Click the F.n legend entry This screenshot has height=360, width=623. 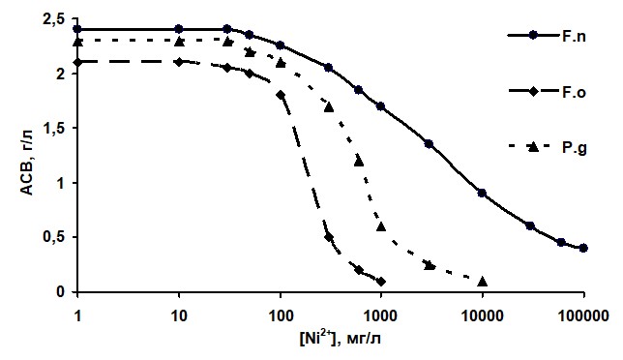[547, 36]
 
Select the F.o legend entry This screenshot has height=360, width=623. [548, 92]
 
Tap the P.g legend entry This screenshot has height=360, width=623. [548, 147]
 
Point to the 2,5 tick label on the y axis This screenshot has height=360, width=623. [54, 19]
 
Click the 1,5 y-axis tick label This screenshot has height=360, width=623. [54, 129]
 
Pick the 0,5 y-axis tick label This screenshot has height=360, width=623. [54, 237]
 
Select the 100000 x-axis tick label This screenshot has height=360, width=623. [583, 316]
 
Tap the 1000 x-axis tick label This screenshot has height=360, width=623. [381, 316]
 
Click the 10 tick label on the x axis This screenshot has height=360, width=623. [179, 316]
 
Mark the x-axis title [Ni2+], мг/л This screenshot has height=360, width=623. [340, 338]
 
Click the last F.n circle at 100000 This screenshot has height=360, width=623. [583, 248]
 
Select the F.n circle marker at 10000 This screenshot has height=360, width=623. [482, 194]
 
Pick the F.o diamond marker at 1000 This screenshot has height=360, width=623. [381, 282]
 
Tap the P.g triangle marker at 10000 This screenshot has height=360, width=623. [483, 282]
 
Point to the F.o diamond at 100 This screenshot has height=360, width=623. [281, 95]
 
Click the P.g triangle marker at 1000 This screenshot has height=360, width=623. [381, 226]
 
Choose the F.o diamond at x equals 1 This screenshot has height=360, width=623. [77, 62]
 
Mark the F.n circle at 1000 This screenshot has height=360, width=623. [380, 106]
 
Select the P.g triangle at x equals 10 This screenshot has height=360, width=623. [179, 41]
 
